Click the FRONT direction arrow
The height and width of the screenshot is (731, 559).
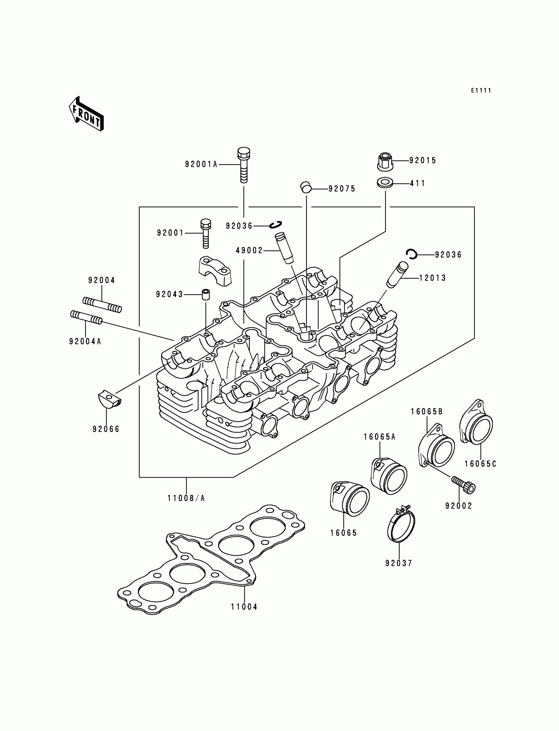pyautogui.click(x=86, y=114)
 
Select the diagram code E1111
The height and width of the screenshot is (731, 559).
pyautogui.click(x=481, y=90)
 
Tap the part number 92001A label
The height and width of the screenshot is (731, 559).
pyautogui.click(x=201, y=164)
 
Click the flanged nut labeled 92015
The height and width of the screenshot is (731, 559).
pyautogui.click(x=385, y=161)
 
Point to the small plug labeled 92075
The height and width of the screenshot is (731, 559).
pyautogui.click(x=306, y=187)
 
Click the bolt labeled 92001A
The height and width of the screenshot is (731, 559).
pyautogui.click(x=244, y=165)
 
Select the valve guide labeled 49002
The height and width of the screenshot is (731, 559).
pyautogui.click(x=283, y=249)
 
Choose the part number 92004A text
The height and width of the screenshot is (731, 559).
pyautogui.click(x=85, y=341)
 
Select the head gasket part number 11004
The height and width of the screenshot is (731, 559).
pyautogui.click(x=244, y=607)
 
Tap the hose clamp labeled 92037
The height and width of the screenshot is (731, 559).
pyautogui.click(x=401, y=527)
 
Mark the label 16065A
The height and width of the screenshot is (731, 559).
pyautogui.click(x=379, y=437)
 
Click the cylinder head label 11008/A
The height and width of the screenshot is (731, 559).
pyautogui.click(x=186, y=498)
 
